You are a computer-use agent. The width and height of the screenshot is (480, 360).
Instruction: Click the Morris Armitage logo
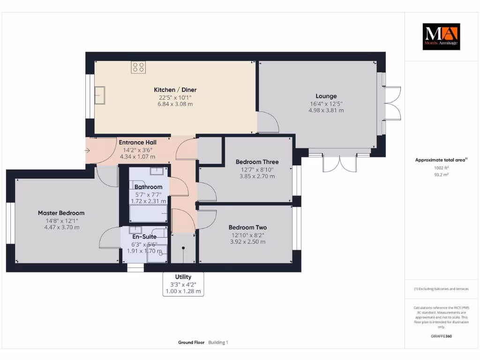point(441,37)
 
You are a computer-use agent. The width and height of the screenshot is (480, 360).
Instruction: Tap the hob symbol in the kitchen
point(138,67)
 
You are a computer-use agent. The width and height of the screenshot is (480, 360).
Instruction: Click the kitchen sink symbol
point(99,95)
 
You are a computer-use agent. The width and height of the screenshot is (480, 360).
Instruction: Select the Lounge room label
point(326,96)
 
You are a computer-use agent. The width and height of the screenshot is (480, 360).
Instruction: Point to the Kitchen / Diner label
point(175,90)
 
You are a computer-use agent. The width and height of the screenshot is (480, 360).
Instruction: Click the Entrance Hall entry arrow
point(87,150)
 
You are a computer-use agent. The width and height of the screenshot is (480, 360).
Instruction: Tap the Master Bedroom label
point(61,213)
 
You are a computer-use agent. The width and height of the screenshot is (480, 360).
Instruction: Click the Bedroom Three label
point(257,162)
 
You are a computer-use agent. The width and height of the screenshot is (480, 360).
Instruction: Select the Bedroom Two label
point(247,227)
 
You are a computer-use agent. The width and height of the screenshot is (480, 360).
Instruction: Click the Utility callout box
point(183,284)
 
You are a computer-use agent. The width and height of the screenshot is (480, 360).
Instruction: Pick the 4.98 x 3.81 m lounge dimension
point(326,111)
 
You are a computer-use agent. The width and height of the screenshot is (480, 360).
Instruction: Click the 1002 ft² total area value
point(441,168)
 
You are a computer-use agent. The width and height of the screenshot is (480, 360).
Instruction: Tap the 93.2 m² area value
point(441,175)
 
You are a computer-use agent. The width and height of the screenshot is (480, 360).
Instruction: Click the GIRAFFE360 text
point(441,336)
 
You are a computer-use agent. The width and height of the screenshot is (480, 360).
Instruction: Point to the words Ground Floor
point(191,343)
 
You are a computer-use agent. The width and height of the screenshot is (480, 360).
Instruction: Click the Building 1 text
point(218,343)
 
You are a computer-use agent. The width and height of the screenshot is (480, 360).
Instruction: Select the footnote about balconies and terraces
point(441,289)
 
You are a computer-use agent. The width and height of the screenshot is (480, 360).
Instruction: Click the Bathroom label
point(149,187)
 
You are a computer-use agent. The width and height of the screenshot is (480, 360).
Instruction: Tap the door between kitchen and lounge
point(268,122)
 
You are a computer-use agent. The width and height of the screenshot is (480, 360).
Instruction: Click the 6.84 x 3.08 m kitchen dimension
point(175,104)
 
